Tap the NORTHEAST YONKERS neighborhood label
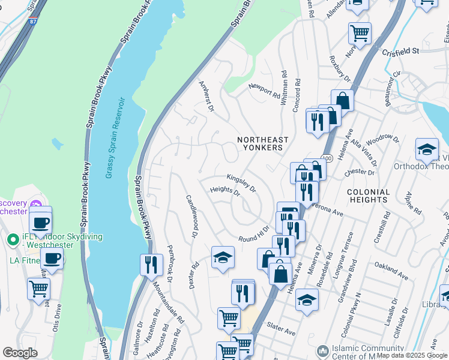coord(262,143)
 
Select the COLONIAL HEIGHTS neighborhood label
coord(368,196)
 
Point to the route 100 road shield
coord(326,158)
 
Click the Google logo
coord(20,352)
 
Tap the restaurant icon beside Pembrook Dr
coord(151,265)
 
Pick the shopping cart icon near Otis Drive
coord(38,289)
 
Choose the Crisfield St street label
coord(400,52)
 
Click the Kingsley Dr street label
coord(241,183)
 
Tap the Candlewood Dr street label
coord(191,215)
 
